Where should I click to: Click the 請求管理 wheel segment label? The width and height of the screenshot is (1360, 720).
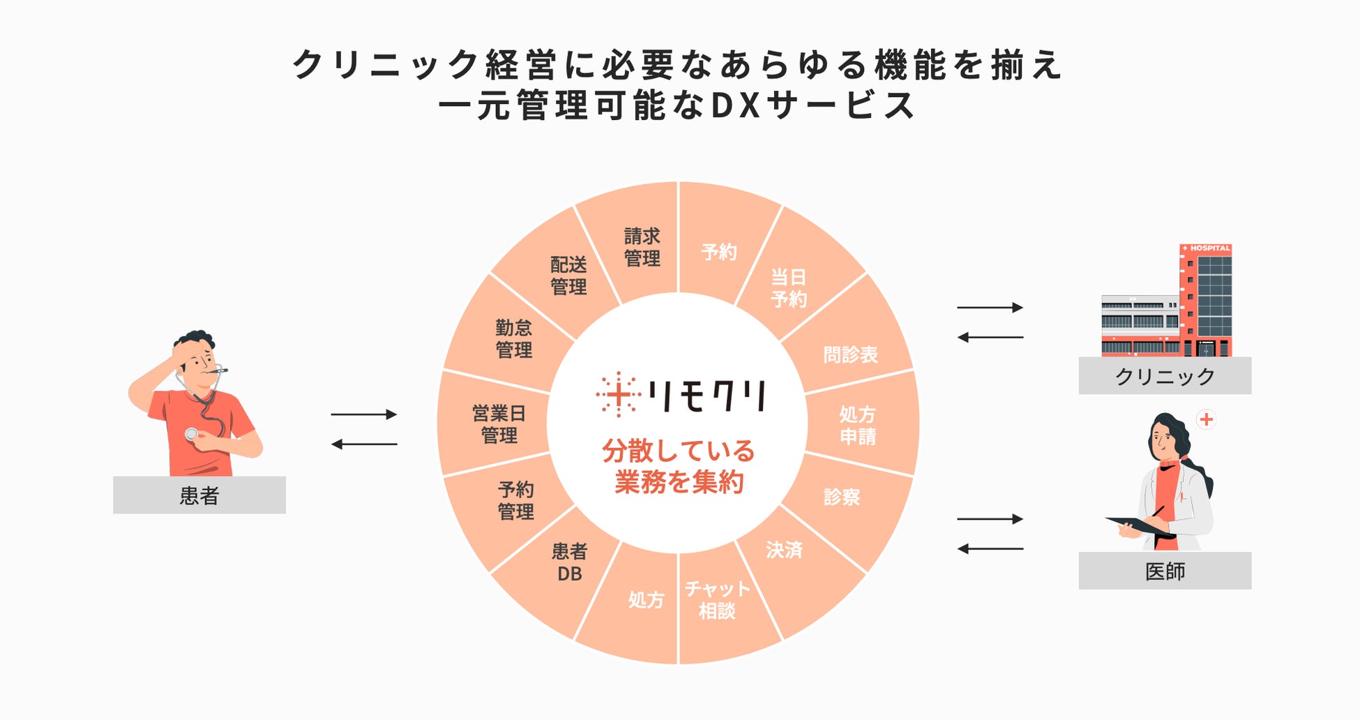[642, 248]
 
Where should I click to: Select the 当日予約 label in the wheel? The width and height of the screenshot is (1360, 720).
[788, 288]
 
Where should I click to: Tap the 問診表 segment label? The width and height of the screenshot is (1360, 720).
[850, 355]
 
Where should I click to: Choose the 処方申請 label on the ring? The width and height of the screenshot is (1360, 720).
[857, 426]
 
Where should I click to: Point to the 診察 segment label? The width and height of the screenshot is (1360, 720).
[842, 497]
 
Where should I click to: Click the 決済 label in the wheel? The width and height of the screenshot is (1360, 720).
[784, 550]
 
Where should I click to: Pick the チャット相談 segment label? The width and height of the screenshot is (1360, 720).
[717, 600]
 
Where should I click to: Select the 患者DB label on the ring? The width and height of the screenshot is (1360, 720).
[569, 563]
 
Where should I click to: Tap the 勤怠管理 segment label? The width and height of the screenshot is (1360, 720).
[514, 339]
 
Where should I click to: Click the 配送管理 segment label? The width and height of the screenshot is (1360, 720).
[568, 276]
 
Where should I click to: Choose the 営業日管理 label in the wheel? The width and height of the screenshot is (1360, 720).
[499, 424]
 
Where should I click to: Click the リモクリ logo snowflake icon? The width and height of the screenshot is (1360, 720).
[618, 395]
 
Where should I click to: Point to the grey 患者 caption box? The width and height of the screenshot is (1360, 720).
[199, 495]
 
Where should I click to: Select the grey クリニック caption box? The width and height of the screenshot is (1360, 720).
[1165, 376]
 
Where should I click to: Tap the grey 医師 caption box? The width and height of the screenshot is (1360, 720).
[1165, 571]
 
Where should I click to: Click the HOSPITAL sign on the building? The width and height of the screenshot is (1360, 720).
[1206, 248]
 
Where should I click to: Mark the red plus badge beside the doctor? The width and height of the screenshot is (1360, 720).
[1207, 419]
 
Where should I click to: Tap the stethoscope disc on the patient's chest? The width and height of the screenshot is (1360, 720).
[191, 434]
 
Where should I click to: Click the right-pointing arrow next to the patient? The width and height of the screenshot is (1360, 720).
[363, 414]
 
